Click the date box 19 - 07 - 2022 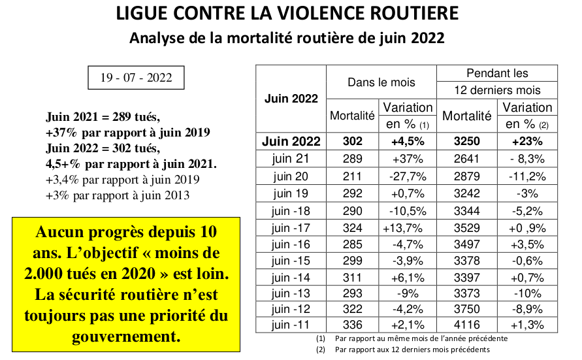[x=136, y=78]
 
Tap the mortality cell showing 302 [x=352, y=141]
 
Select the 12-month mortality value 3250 [x=467, y=141]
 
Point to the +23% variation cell [x=527, y=141]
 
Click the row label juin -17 [x=291, y=228]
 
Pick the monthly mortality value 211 [x=352, y=176]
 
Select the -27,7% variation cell [x=408, y=176]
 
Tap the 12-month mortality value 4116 [x=467, y=325]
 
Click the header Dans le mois [x=381, y=82]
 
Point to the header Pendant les [x=497, y=73]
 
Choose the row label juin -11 [x=291, y=325]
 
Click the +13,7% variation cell [x=403, y=228]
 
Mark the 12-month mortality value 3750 [x=467, y=309]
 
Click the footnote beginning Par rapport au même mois [x=421, y=338]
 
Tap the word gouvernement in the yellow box [x=126, y=336]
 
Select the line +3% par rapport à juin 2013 [x=118, y=195]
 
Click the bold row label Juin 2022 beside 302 [x=291, y=141]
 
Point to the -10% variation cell [x=527, y=293]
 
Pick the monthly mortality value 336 [x=352, y=325]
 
